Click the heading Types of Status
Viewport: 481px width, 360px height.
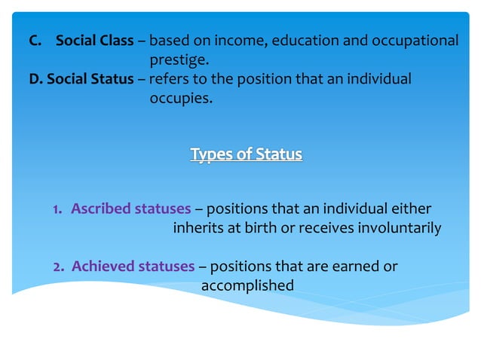246,154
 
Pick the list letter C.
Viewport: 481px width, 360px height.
34,41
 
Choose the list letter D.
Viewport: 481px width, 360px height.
34,78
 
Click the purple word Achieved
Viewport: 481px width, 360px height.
99,266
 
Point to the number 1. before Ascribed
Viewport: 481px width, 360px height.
57,209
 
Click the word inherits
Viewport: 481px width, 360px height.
199,227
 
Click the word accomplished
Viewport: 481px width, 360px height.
247,285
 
